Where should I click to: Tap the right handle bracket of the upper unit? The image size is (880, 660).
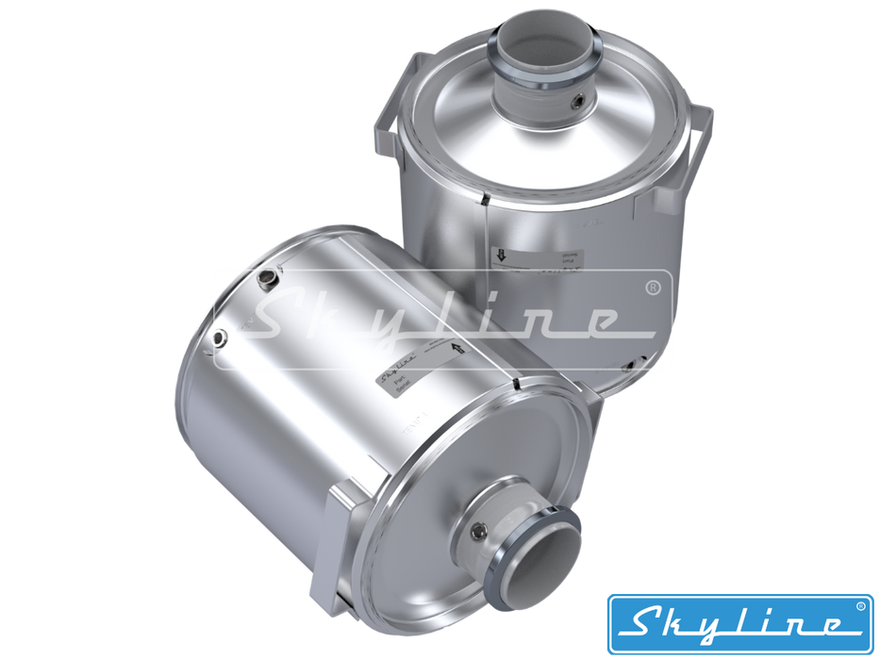[x=700, y=131]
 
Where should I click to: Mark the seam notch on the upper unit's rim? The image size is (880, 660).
[x=481, y=199]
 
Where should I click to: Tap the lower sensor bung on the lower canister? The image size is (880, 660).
[x=220, y=337]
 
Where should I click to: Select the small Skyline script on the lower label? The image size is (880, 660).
[x=396, y=371]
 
